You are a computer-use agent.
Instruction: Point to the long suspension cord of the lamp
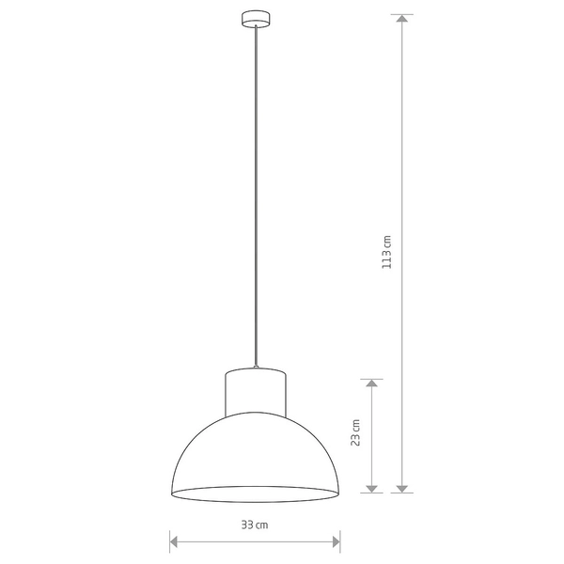coord(255,188)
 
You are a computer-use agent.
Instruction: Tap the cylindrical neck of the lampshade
coord(255,391)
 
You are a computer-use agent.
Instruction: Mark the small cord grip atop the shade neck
coord(255,366)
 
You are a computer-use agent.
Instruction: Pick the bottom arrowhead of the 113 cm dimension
coord(402,487)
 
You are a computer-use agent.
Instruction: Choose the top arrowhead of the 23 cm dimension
coord(371,384)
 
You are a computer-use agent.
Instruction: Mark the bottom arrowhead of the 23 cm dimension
coord(371,487)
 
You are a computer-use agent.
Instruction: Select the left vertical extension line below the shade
coord(169,541)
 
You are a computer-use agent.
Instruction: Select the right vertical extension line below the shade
coord(339,541)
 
